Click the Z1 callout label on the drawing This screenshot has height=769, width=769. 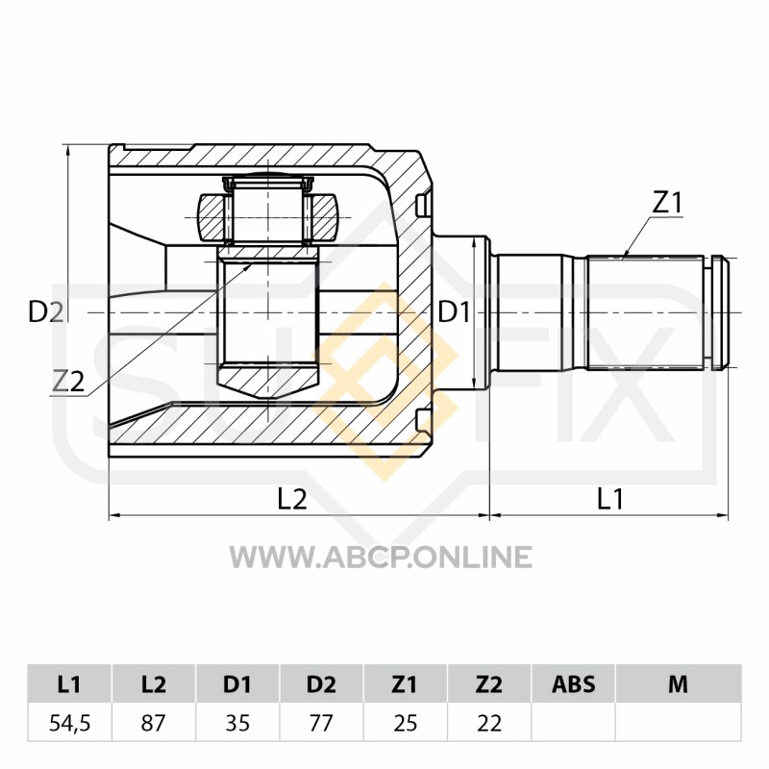point(666,203)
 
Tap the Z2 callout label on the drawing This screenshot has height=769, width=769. point(68,382)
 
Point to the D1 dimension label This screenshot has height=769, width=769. point(454,311)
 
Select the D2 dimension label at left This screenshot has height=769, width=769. point(46,311)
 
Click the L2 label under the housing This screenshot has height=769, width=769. point(292,499)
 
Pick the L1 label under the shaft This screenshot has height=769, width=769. point(609,499)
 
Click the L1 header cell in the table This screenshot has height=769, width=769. point(69,683)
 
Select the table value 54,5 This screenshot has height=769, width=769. point(69,723)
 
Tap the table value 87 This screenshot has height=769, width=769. point(154,723)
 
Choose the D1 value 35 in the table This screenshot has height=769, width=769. point(237,723)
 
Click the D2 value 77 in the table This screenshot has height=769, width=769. point(321,723)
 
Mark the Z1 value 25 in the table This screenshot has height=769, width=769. point(405,723)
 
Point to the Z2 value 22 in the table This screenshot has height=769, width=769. point(489,723)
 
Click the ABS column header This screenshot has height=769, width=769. point(573,683)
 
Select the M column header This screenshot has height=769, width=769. point(678,683)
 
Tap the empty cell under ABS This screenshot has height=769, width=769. point(573,722)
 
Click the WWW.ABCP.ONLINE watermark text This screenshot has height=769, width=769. point(381,557)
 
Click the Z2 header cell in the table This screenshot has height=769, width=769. point(489,683)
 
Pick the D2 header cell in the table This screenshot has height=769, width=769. point(321,683)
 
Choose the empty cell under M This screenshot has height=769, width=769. point(679,722)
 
